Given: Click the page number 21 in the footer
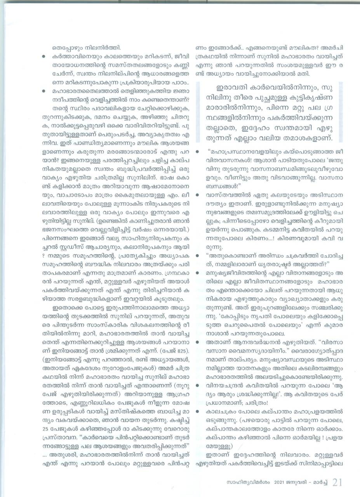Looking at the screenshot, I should click(x=336, y=483).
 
